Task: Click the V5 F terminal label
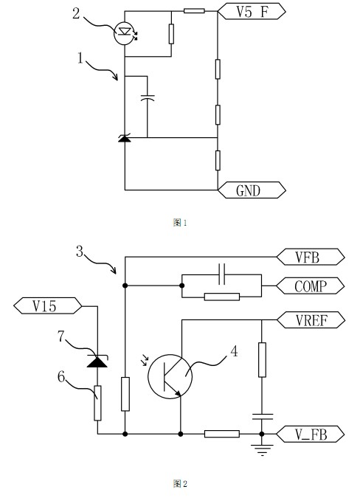click(x=252, y=11)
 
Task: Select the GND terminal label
click(x=252, y=190)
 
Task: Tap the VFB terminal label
click(x=311, y=257)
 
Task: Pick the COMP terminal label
click(x=311, y=286)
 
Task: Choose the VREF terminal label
click(x=311, y=319)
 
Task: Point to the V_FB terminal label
click(x=311, y=434)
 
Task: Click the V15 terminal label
click(x=48, y=306)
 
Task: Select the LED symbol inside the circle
click(x=125, y=32)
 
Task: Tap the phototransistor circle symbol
click(x=170, y=376)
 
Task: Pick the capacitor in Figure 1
click(x=148, y=98)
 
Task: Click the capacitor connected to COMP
click(x=222, y=274)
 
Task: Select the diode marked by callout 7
click(x=97, y=362)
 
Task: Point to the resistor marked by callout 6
click(x=97, y=403)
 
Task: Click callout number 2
click(x=76, y=13)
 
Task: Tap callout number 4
click(x=234, y=351)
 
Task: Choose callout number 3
click(x=80, y=252)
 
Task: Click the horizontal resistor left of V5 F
click(x=194, y=11)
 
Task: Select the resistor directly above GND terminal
click(x=218, y=160)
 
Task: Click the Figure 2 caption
click(x=180, y=484)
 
